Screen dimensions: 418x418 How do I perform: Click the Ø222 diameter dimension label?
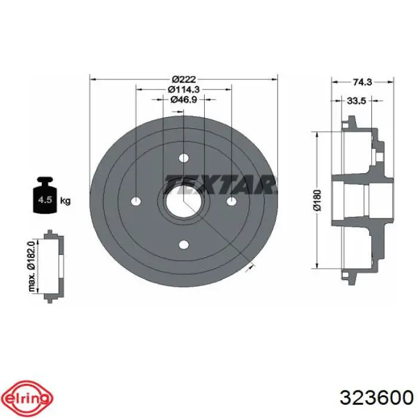(x=184, y=79)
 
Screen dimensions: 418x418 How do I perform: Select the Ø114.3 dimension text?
(x=184, y=90)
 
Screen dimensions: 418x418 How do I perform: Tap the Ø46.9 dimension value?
(x=184, y=100)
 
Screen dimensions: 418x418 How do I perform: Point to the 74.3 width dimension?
(x=362, y=82)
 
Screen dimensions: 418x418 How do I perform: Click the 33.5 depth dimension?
(x=356, y=101)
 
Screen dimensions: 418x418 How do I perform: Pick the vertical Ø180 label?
(x=318, y=200)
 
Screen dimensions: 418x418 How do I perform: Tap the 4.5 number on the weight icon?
(x=45, y=199)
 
